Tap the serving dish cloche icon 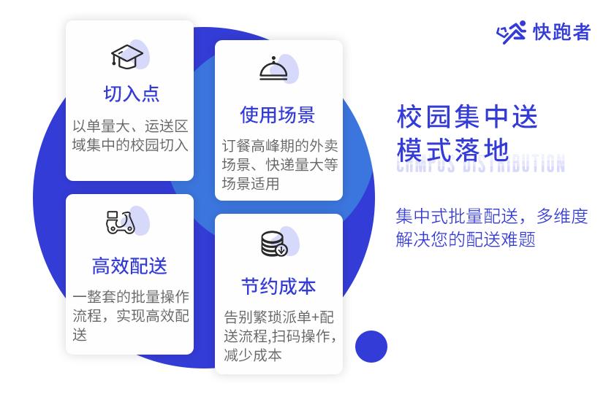coord(274,69)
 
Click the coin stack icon coord(274,244)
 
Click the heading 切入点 coord(131,93)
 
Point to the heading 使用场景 coord(278,115)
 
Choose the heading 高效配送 coord(129,266)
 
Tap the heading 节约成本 coord(278,286)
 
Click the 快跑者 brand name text coord(562,32)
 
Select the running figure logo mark coord(512,32)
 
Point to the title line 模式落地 coord(452,150)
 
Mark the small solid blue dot coord(371,346)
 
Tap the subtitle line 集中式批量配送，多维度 coord(491,217)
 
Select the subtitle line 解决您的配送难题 coord(466,240)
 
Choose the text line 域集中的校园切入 coord(130,144)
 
